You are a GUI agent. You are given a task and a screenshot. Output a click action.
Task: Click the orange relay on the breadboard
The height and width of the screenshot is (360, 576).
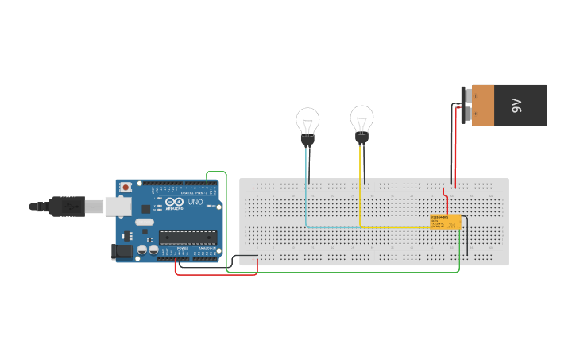point(445,222)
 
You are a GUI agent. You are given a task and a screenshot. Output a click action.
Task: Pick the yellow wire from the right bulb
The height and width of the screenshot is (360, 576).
point(361,199)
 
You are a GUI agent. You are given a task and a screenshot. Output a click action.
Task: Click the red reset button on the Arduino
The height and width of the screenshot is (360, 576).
point(126,188)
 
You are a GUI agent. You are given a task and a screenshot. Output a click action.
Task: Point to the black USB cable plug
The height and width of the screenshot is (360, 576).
point(68,207)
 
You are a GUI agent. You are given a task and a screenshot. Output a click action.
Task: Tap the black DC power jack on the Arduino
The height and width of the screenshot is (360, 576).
point(122,251)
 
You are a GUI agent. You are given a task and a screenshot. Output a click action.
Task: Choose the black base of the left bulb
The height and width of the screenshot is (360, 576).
point(307,141)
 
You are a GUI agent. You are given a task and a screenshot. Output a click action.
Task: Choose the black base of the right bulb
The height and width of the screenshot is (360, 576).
point(361,139)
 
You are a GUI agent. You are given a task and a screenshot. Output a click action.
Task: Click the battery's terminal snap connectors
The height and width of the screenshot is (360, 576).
point(467,104)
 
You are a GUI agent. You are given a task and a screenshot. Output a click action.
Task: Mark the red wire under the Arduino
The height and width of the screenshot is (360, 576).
point(215,275)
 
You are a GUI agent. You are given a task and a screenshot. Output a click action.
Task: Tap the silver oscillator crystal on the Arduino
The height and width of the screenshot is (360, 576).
point(143,223)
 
